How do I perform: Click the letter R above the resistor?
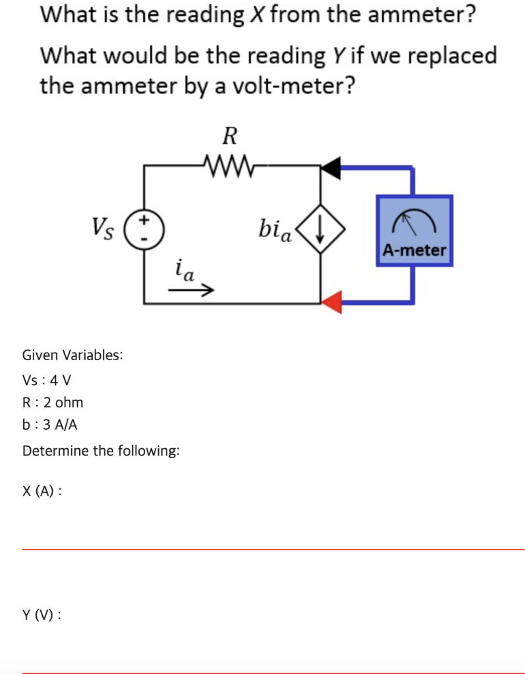229,136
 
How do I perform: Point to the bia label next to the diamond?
275,230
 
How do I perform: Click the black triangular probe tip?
332,168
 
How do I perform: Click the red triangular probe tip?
332,301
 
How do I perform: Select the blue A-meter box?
414,230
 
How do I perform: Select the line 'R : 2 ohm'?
53,402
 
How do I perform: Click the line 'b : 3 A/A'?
50,425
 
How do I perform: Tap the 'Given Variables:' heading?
72,355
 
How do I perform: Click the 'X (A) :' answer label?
42,491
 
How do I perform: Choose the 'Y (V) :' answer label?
42,615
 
